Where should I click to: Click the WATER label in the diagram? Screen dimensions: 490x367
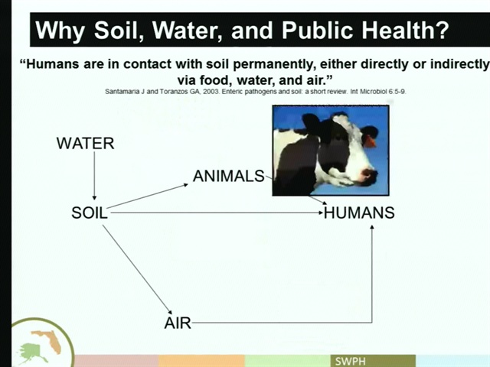click(x=85, y=143)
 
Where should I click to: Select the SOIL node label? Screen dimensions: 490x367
click(x=90, y=213)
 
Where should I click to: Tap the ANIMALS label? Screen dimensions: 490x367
click(x=229, y=176)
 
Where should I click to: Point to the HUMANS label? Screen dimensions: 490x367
click(x=359, y=213)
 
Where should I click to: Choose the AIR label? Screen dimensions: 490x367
click(x=178, y=323)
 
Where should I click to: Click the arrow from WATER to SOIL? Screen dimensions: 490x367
click(x=94, y=176)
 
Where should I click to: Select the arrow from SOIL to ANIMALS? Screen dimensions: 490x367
click(x=147, y=196)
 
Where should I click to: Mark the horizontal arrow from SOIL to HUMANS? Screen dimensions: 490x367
click(x=217, y=213)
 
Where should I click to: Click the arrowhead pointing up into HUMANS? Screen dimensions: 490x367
click(x=372, y=227)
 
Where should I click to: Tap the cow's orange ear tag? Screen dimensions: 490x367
click(x=371, y=141)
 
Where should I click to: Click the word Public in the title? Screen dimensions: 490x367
click(x=318, y=31)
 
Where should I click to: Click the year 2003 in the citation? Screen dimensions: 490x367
click(x=211, y=92)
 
